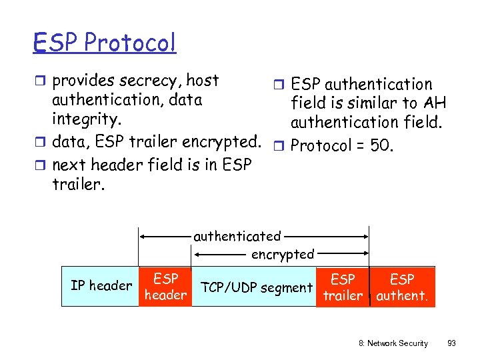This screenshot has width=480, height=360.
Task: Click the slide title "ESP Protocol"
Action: click(105, 43)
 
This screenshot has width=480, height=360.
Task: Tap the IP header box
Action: click(101, 286)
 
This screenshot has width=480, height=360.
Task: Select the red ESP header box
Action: click(165, 287)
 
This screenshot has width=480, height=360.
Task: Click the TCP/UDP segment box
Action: click(257, 287)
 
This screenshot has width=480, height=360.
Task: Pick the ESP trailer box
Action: click(343, 287)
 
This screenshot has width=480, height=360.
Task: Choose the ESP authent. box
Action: click(402, 287)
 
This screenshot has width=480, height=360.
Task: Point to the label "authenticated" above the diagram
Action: click(237, 236)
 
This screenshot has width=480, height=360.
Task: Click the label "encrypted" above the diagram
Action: click(282, 254)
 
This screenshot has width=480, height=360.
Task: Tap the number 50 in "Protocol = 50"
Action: click(379, 145)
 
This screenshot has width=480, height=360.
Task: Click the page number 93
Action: click(451, 343)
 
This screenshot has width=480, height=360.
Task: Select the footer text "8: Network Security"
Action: click(393, 343)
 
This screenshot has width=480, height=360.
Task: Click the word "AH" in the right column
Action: click(433, 103)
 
